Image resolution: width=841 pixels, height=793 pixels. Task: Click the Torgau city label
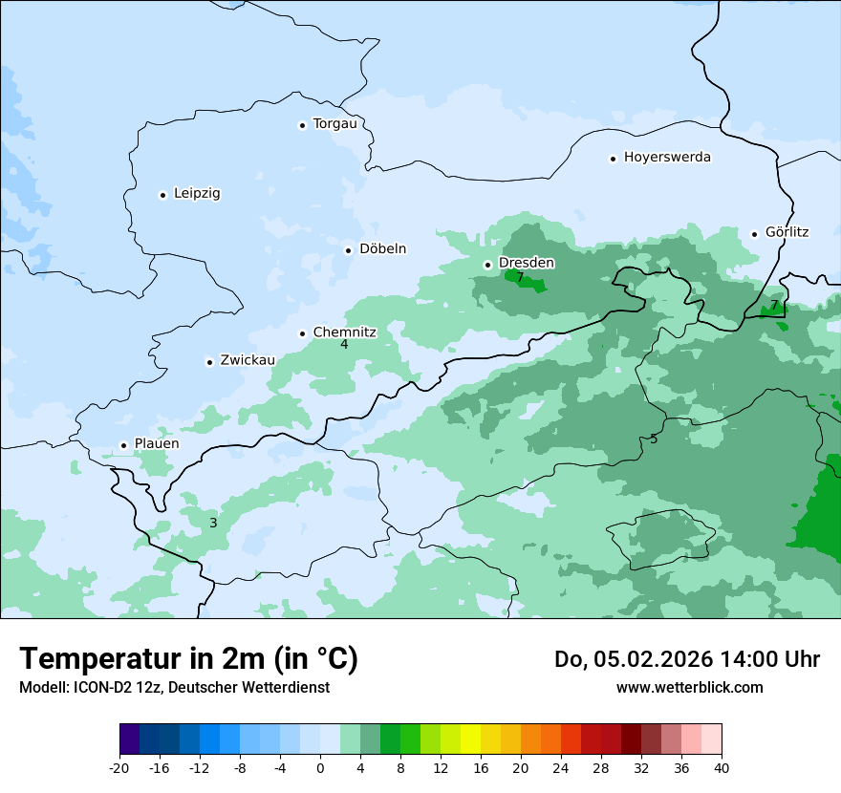tap(334, 124)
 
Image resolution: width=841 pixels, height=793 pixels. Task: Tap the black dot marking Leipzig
tap(162, 195)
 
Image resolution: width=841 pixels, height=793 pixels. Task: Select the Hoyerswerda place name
tap(667, 157)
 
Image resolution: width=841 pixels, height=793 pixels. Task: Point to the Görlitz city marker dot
tap(754, 233)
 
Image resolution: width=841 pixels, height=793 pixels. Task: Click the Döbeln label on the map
tap(382, 248)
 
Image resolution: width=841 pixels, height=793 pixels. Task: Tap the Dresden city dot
tap(487, 265)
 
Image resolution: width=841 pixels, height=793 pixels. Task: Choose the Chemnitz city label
tap(344, 332)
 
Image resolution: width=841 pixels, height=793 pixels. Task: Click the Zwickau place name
tap(248, 360)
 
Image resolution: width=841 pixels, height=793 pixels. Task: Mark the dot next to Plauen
tap(123, 445)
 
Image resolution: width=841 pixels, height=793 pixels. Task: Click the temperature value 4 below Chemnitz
tap(344, 345)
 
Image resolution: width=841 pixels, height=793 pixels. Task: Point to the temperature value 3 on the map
tap(213, 523)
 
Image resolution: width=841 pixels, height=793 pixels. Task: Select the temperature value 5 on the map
tap(654, 439)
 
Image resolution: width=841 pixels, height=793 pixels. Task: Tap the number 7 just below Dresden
tap(520, 278)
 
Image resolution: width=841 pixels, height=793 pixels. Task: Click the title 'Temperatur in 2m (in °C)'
tap(188, 658)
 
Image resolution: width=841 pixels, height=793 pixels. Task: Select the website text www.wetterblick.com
tap(689, 687)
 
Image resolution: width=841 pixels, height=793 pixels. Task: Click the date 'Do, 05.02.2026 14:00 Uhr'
tap(686, 659)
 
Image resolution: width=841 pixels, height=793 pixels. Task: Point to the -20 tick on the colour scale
tap(119, 768)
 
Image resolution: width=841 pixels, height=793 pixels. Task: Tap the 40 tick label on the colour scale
tap(722, 768)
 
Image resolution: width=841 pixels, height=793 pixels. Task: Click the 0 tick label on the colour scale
tap(320, 768)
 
